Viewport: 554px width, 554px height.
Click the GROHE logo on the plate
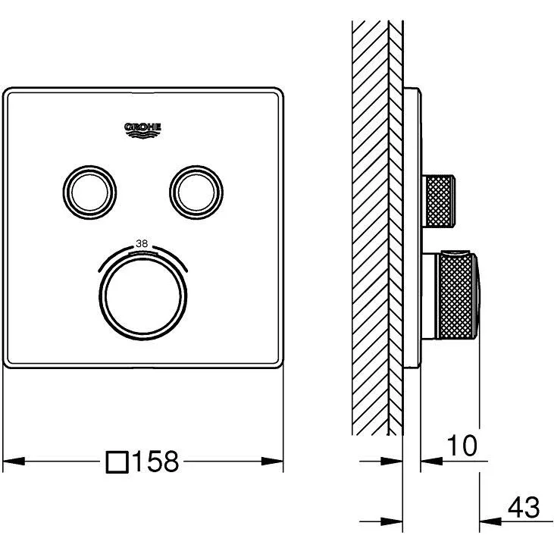tap(142, 130)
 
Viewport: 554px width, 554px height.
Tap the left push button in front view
tap(89, 192)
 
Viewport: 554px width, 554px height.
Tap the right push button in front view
tap(196, 192)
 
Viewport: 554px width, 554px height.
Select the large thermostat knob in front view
tap(143, 297)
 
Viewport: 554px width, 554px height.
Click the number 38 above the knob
tap(142, 243)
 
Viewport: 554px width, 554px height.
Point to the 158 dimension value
tap(155, 461)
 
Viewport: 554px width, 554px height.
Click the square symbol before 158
tap(117, 462)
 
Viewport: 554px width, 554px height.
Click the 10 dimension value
tap(462, 446)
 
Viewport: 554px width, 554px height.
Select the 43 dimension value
tap(524, 507)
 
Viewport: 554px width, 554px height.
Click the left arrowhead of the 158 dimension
tap(14, 461)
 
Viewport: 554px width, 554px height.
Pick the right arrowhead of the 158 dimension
tap(272, 461)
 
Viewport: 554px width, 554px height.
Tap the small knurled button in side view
tap(439, 200)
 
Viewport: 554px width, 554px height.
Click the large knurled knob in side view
tap(459, 296)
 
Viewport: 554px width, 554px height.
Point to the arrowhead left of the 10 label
tap(431, 461)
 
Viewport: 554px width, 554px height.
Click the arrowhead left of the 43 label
tap(490, 521)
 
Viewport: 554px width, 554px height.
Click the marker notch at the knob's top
tap(142, 254)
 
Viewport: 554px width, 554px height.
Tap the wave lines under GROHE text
tap(142, 135)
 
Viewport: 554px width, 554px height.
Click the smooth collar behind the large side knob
tap(430, 296)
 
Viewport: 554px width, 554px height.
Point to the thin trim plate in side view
tap(412, 228)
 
